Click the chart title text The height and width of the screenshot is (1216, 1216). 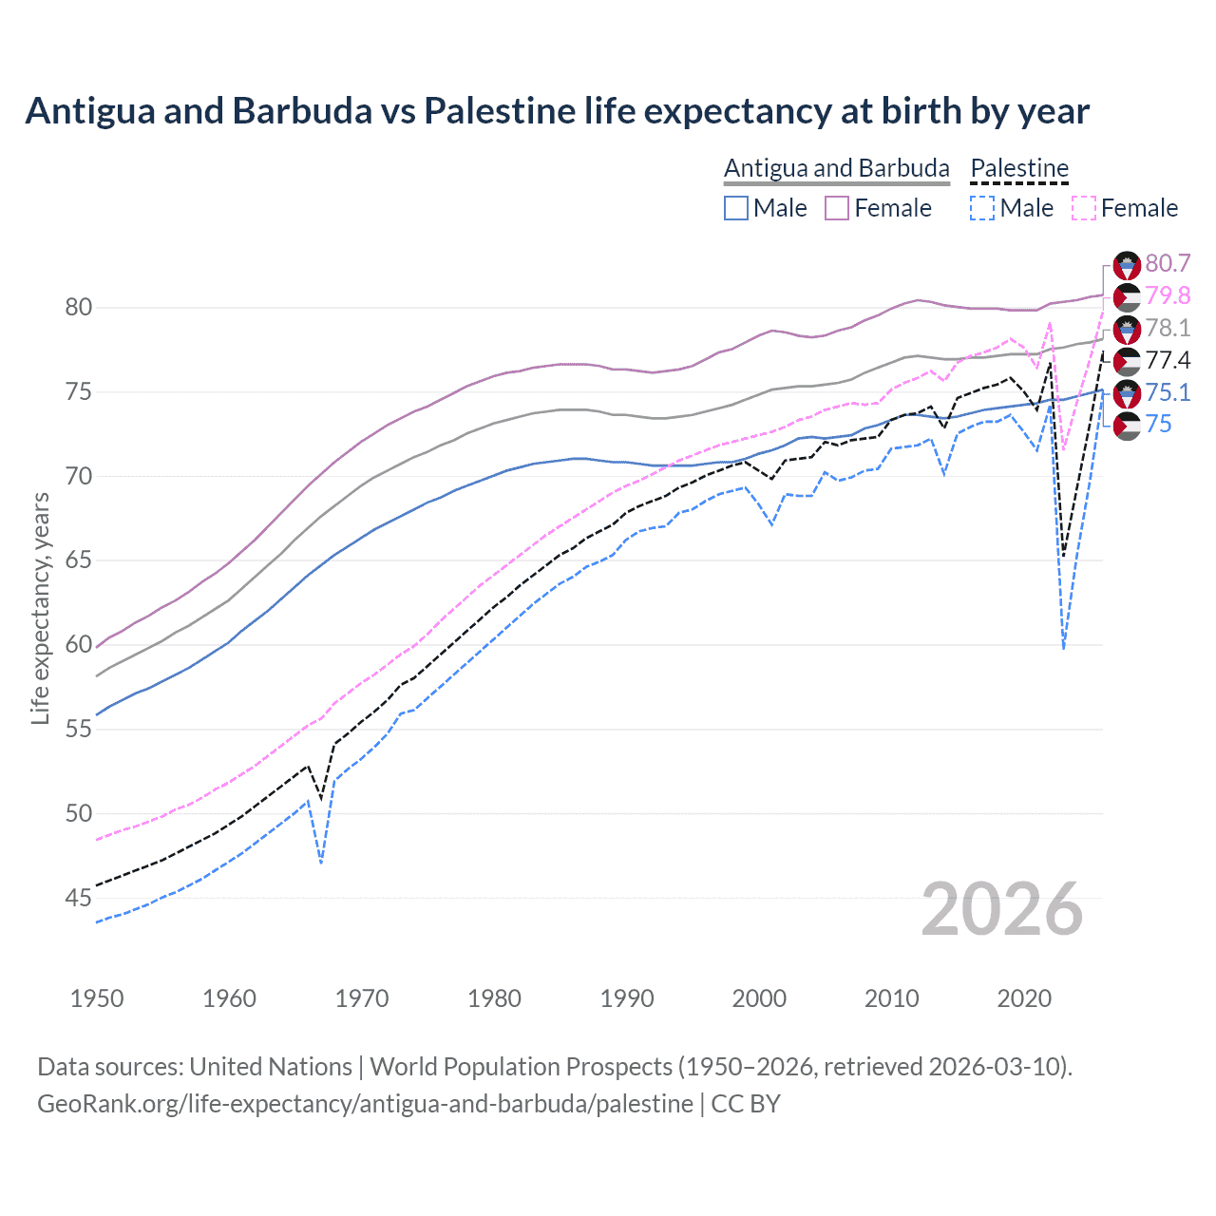coord(557,111)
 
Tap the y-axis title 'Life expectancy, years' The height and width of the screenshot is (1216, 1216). coord(40,608)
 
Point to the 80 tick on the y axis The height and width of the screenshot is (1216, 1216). coord(79,307)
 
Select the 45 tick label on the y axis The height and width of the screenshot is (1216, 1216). coord(79,898)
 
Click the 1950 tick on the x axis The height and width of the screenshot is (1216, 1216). coord(97,998)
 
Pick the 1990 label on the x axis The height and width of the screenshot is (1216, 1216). coord(627,998)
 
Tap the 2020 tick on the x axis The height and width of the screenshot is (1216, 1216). coord(1024,998)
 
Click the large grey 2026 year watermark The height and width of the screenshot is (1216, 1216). coord(1002,909)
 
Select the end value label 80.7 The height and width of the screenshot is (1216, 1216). coord(1168,264)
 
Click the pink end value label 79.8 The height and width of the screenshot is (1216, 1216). coord(1168,296)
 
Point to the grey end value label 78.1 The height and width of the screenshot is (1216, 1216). coord(1168,329)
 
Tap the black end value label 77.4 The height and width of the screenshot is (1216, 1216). coord(1168,360)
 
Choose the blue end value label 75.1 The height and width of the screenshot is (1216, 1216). coord(1168,392)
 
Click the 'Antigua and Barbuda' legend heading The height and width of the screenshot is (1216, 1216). coord(836,168)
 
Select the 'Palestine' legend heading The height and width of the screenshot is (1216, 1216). coord(1019,168)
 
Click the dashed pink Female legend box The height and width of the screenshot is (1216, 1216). coord(1084,208)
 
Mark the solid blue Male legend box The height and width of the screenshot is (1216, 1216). coord(736,208)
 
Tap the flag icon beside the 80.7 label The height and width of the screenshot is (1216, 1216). coord(1127,265)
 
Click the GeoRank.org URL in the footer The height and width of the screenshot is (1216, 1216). coord(365,1104)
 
